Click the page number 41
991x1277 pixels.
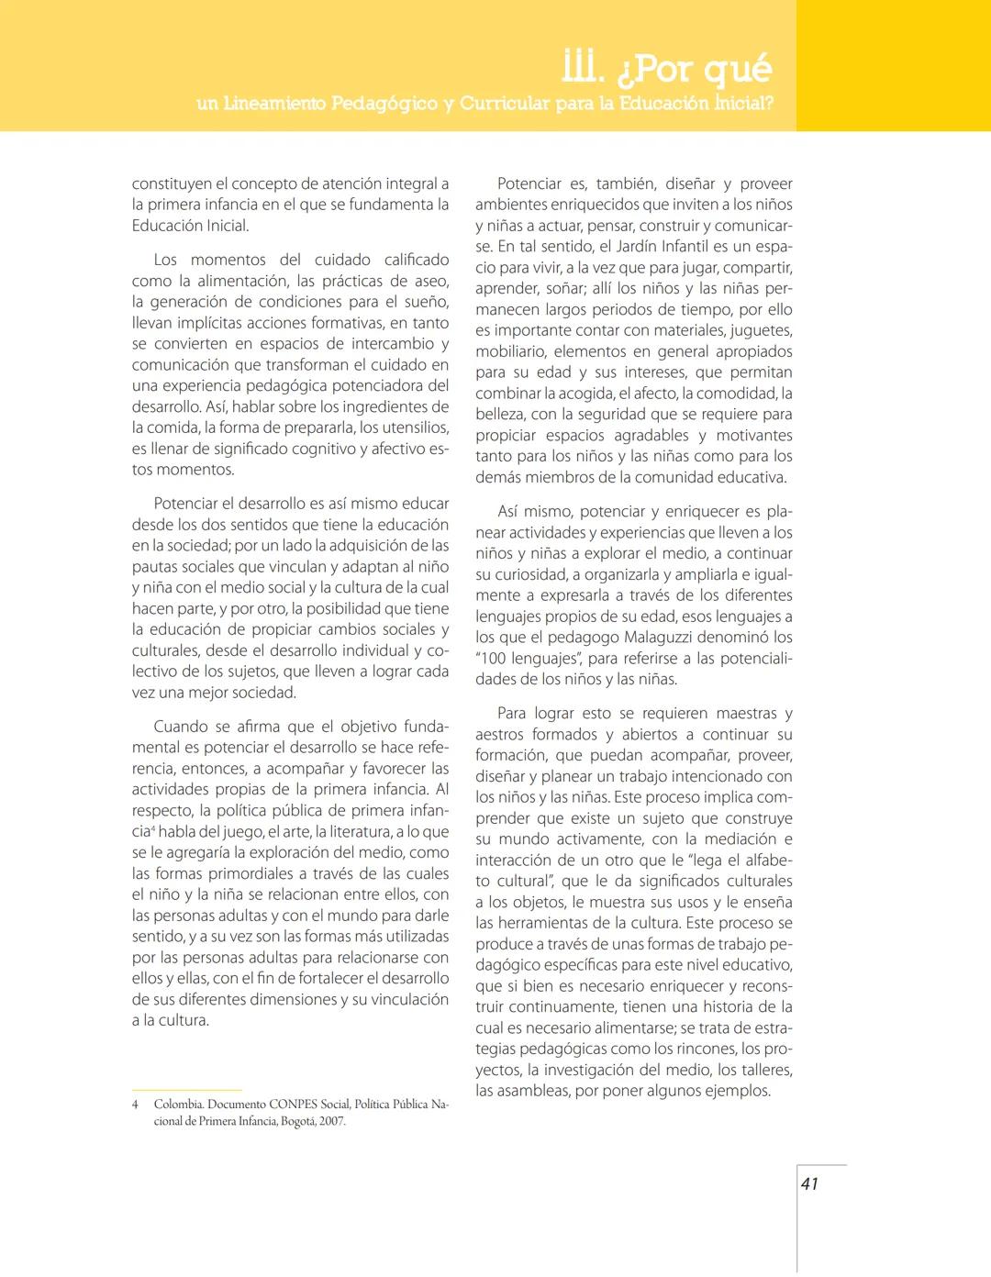tap(808, 1183)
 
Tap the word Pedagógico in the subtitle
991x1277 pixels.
tap(384, 104)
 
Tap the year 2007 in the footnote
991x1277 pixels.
tap(332, 1121)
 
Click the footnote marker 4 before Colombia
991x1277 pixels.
tap(135, 1105)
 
